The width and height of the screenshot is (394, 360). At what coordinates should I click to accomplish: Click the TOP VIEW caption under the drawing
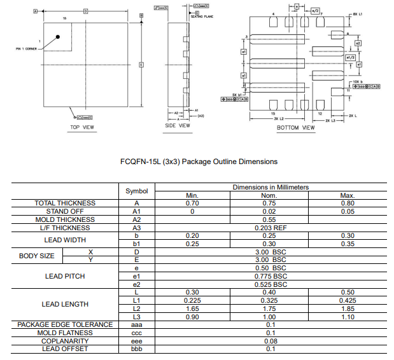point(83,128)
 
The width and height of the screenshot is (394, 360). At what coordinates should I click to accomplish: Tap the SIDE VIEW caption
point(178,125)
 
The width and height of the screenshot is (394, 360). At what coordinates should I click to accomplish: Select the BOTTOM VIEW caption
point(295,128)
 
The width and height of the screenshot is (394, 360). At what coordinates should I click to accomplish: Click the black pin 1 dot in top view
point(58,38)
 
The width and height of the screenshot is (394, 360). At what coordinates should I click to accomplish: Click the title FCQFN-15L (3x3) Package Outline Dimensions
point(199,162)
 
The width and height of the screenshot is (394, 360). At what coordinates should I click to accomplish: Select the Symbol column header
point(136,191)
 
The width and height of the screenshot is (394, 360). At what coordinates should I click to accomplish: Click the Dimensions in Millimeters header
point(271,187)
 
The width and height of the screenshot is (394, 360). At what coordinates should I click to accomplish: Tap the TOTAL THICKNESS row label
point(65,203)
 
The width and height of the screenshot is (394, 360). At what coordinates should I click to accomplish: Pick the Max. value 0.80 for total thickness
point(347,203)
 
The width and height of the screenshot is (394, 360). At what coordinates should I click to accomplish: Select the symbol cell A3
point(136,227)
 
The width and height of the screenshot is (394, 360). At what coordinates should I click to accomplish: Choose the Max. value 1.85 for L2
point(347,308)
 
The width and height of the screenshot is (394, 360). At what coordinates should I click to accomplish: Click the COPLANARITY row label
point(65,340)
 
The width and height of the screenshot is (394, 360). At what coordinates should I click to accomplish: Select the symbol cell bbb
point(136,349)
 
